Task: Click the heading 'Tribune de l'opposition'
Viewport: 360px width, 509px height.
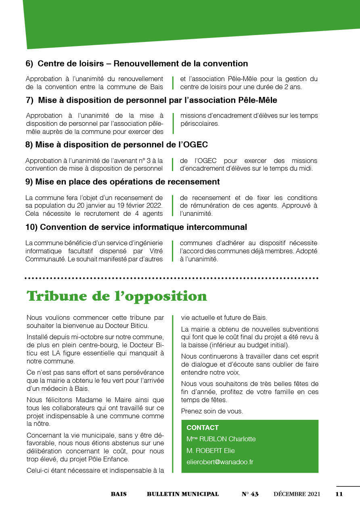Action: [117, 296]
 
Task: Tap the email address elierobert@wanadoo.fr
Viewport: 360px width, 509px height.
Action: [220, 462]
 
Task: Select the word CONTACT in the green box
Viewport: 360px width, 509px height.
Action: [203, 428]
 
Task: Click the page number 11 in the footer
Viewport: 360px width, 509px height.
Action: [339, 494]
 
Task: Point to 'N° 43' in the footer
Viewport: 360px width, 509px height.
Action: [250, 494]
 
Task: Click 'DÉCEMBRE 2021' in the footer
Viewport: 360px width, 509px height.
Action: [297, 494]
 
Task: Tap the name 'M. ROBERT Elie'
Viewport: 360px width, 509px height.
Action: [210, 451]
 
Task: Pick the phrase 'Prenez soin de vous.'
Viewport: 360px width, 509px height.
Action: [212, 411]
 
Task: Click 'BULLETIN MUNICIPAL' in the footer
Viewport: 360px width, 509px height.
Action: [183, 494]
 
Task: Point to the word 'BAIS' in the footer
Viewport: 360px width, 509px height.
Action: [119, 494]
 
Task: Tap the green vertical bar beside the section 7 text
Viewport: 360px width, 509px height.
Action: [173, 123]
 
